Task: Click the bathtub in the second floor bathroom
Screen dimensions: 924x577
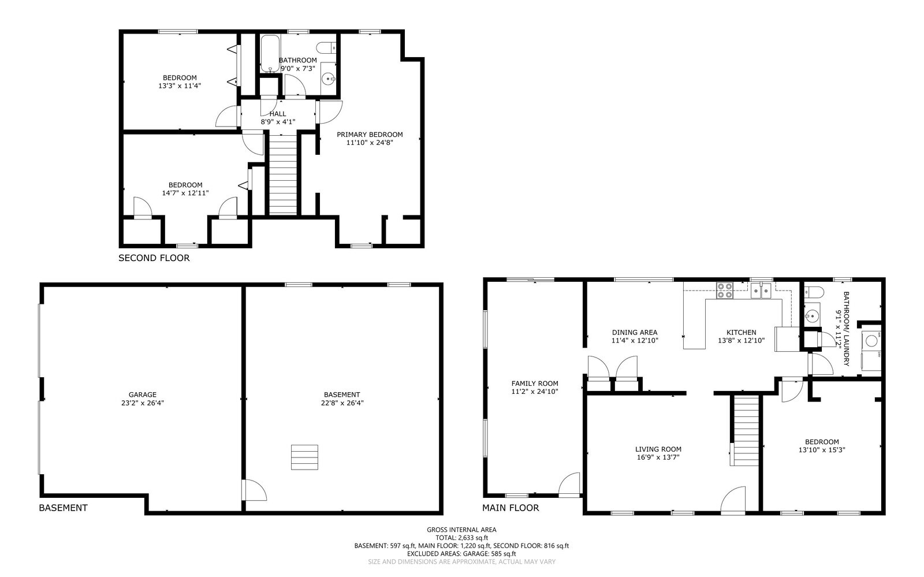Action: coord(270,54)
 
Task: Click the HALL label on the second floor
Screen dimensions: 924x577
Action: coord(278,114)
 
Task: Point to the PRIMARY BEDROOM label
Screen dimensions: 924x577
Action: coord(370,135)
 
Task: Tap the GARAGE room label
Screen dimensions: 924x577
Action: coord(142,394)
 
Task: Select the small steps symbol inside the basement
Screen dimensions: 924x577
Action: coord(304,457)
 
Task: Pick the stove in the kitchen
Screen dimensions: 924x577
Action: coord(725,291)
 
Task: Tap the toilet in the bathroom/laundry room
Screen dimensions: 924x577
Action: coord(814,292)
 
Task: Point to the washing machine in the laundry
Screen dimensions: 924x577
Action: coord(871,341)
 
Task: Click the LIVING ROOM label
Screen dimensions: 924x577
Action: coord(658,449)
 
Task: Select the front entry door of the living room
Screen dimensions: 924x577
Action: coord(733,499)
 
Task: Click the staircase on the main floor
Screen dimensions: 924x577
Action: coord(745,431)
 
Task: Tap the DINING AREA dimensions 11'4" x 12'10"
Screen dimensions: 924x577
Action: coord(635,341)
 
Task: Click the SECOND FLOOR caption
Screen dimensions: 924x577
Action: coord(154,258)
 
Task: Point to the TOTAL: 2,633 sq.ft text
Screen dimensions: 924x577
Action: coord(461,538)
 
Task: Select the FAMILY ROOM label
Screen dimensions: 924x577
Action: coord(535,384)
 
